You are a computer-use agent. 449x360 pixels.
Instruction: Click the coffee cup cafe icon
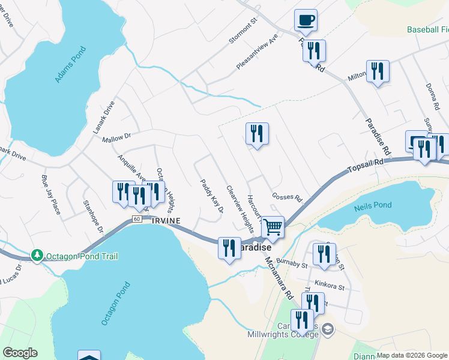coord(306,20)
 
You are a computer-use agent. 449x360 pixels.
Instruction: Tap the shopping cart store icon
coord(273,227)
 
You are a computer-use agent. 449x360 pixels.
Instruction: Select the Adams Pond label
coord(70,67)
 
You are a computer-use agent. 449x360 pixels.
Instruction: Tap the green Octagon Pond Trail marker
coord(38,256)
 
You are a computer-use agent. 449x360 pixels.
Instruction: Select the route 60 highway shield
coord(137,219)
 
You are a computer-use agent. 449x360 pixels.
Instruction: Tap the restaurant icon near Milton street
coord(378,71)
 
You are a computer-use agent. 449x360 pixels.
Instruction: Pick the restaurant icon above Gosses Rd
coord(257,133)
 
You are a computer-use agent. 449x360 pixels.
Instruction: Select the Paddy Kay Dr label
coord(212,197)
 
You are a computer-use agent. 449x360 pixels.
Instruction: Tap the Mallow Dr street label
coord(116,138)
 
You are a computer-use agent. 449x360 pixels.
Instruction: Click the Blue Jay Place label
coord(50,194)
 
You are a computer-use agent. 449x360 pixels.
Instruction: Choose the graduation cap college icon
coord(328,328)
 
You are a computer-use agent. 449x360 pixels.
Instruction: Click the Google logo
coord(20,353)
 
